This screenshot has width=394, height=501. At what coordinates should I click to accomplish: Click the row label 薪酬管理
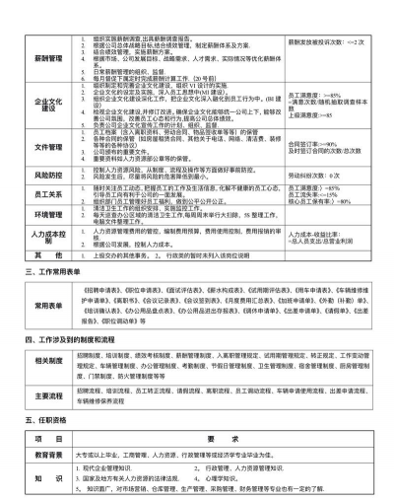(48, 58)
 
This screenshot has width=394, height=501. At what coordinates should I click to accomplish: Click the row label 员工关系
(48, 195)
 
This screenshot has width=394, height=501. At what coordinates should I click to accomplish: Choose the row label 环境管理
(48, 214)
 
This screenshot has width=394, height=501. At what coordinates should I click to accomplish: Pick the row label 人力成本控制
(48, 236)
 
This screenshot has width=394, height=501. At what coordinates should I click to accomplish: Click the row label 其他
(48, 253)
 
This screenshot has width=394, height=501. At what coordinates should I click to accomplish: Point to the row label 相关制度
(48, 362)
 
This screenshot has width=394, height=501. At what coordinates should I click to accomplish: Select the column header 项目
(48, 440)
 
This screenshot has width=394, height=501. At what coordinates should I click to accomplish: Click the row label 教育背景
(48, 456)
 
